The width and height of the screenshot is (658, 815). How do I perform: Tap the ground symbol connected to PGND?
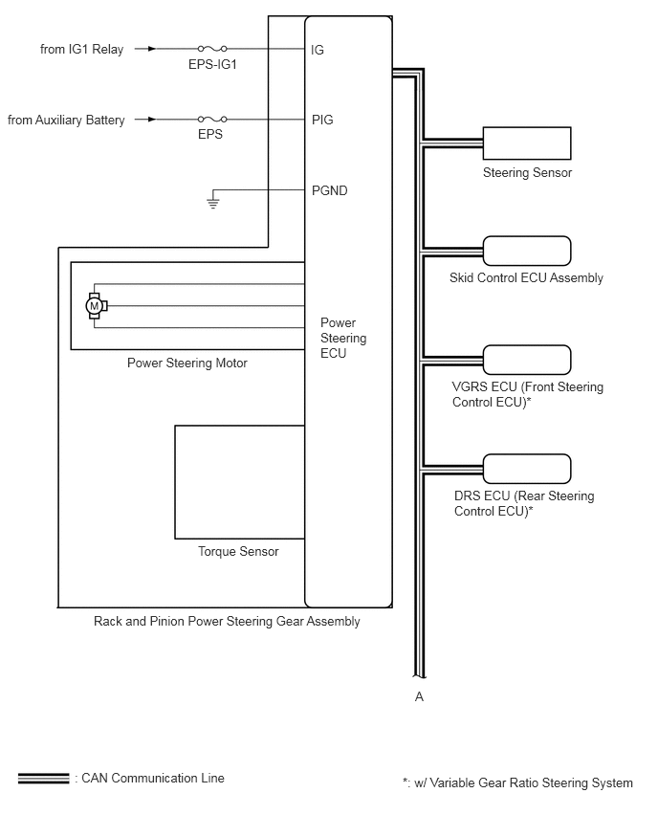[213, 202]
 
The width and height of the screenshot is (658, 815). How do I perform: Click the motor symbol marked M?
[94, 305]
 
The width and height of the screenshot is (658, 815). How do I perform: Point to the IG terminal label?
[318, 49]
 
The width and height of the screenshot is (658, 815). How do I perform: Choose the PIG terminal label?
[322, 121]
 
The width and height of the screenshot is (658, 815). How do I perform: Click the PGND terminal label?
[329, 190]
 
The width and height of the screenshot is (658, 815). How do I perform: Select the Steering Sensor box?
[527, 143]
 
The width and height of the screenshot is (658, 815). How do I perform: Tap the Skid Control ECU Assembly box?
[527, 251]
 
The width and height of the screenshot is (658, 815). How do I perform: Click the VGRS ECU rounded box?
[527, 360]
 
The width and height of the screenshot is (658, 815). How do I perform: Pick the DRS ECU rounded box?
[527, 469]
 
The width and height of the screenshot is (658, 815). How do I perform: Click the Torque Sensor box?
[239, 482]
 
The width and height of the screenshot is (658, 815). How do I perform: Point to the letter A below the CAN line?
[419, 696]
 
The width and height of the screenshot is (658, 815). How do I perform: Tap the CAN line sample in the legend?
[43, 779]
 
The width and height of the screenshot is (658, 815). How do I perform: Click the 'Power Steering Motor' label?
[187, 363]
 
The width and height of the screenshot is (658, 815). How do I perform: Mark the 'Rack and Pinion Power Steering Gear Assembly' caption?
[227, 622]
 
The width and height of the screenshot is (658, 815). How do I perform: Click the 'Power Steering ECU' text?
[342, 338]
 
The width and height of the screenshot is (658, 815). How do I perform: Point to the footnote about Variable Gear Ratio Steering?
[517, 782]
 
